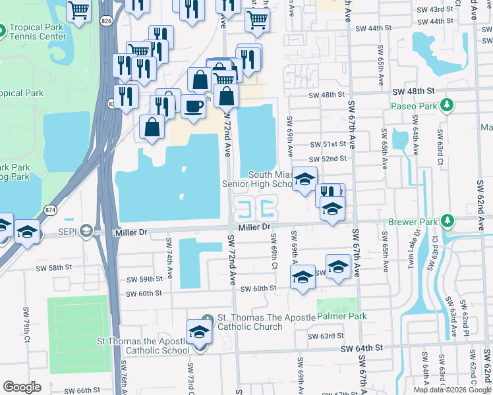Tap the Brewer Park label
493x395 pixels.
pos(413,223)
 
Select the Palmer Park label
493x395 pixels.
pos(341,316)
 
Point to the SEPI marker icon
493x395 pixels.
pos(85,230)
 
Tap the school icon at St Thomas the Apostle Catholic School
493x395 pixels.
pos(198,332)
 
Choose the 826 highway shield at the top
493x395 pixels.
pos(106,22)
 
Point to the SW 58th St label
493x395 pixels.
pos(53,268)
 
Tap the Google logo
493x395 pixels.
pos(22,387)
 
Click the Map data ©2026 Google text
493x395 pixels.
pos(452,390)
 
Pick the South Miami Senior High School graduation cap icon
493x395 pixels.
pos(304,178)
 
